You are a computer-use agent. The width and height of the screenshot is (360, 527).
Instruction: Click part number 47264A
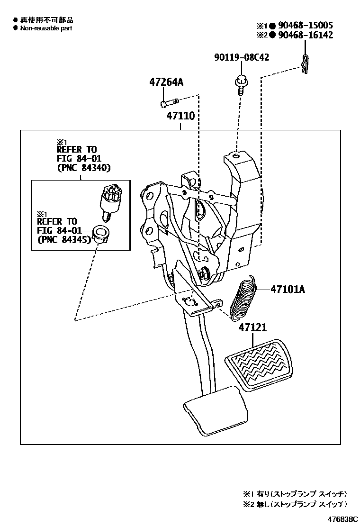click(x=166, y=82)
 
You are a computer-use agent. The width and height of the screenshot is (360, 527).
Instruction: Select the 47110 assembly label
click(x=180, y=116)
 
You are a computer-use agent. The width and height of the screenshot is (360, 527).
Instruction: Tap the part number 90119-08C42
click(x=241, y=57)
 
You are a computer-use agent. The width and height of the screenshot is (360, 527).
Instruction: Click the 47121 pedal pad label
click(x=252, y=327)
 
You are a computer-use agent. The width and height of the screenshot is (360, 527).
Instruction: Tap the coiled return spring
click(x=243, y=296)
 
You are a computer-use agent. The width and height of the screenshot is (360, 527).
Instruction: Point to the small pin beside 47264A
click(x=169, y=102)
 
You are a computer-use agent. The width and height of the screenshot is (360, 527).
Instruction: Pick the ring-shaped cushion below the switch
click(x=99, y=233)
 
